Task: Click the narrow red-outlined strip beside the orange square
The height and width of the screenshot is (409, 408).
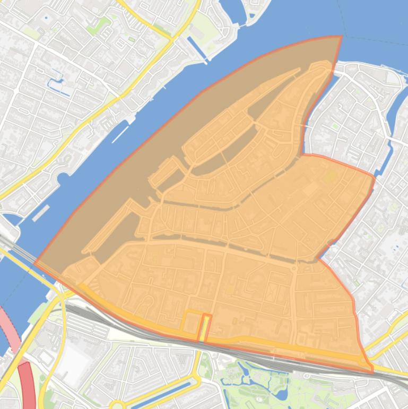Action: coord(205,327)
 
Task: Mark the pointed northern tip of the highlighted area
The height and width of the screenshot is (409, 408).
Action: coord(340,37)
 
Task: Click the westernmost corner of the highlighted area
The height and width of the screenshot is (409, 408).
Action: coord(35,262)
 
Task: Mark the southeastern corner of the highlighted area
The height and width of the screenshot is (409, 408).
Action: coord(372,371)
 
